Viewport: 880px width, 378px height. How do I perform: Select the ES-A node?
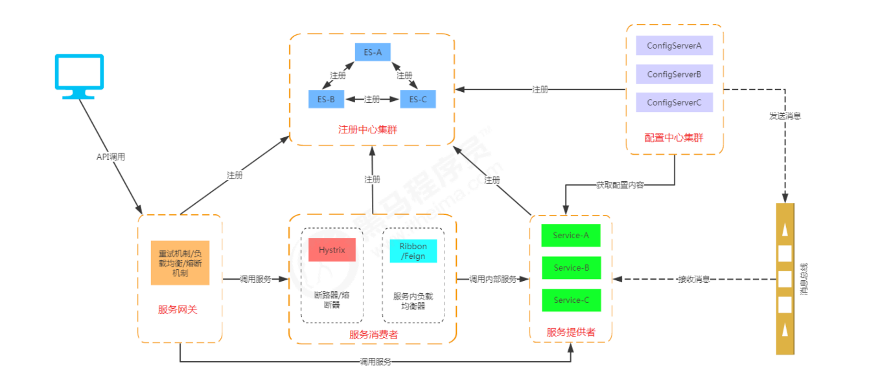pyautogui.click(x=372, y=52)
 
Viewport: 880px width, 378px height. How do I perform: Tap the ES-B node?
pyautogui.click(x=326, y=100)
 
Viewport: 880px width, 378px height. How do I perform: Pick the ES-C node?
pyautogui.click(x=418, y=100)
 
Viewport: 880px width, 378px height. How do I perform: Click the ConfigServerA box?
pyautogui.click(x=674, y=45)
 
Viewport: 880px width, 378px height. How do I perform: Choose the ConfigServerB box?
pyautogui.click(x=674, y=74)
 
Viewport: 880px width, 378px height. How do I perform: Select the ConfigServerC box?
pyautogui.click(x=674, y=102)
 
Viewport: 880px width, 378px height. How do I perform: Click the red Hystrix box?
pyautogui.click(x=332, y=250)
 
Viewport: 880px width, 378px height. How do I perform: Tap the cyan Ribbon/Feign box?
pyautogui.click(x=413, y=250)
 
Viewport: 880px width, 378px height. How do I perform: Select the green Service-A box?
pyautogui.click(x=571, y=236)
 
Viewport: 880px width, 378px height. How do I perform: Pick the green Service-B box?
pyautogui.click(x=571, y=267)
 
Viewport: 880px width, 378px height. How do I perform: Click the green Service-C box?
pyautogui.click(x=571, y=300)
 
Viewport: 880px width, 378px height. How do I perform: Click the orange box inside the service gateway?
pyautogui.click(x=180, y=263)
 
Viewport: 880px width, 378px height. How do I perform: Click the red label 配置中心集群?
pyautogui.click(x=674, y=138)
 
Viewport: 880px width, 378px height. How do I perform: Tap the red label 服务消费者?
pyautogui.click(x=373, y=335)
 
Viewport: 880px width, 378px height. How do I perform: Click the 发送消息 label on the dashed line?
pyautogui.click(x=785, y=116)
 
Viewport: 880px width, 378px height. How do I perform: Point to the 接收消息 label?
pyautogui.click(x=693, y=280)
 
